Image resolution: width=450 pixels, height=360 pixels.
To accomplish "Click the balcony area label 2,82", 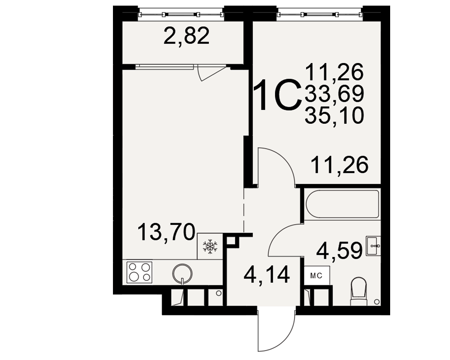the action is point(186,36).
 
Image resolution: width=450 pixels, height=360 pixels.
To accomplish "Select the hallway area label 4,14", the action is point(266,274).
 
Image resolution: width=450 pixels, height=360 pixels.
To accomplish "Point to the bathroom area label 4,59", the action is point(339,250).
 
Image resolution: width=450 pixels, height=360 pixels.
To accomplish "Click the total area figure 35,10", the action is point(335,115).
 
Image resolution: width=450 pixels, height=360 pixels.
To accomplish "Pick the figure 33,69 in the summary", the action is point(335,94).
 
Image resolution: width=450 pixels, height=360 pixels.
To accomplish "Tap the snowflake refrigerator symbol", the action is point(210,247).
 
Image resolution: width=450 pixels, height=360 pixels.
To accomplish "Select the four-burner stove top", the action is point(139,272).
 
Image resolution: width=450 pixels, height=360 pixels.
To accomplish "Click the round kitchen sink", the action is point(182,273).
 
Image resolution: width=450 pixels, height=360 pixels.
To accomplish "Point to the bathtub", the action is point(342,204).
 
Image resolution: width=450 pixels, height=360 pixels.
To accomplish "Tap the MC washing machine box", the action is point(317,275).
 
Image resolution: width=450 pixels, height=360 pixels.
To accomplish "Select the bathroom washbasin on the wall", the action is point(373,246).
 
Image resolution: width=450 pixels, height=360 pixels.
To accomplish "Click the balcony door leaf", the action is point(213,73).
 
